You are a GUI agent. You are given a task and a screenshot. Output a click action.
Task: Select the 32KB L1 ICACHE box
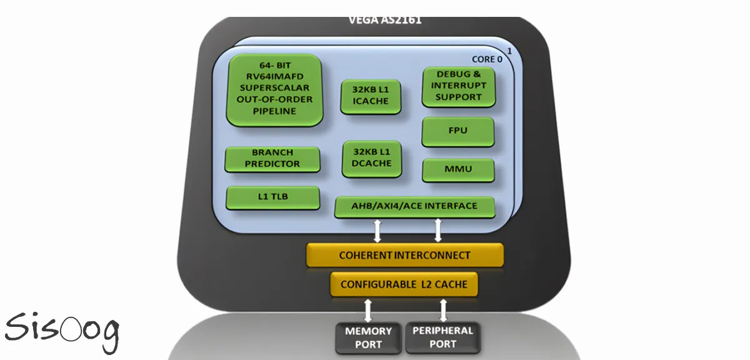(x=371, y=96)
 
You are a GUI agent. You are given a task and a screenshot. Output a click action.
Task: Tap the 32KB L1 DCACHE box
(x=371, y=157)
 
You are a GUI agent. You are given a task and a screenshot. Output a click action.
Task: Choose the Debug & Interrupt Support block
(x=458, y=86)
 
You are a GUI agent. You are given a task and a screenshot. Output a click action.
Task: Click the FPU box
(x=458, y=132)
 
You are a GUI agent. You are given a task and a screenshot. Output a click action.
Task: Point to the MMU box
(x=458, y=169)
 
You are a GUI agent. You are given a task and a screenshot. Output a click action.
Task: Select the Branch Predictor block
(x=272, y=159)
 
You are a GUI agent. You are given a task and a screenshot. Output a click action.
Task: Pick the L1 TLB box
(x=272, y=197)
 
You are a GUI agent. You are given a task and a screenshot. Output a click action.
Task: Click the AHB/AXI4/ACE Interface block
(x=414, y=206)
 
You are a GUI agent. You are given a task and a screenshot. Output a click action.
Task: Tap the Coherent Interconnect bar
(x=404, y=255)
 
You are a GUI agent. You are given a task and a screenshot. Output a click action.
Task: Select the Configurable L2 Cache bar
(x=404, y=284)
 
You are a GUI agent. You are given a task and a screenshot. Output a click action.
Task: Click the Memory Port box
(x=368, y=337)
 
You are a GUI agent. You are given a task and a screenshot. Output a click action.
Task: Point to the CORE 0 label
(x=487, y=59)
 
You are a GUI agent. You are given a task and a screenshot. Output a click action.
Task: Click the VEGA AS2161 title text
(x=384, y=20)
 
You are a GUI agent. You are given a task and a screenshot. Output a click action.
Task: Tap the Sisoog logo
(x=61, y=329)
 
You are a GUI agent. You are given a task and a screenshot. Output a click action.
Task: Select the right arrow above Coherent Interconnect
(x=437, y=230)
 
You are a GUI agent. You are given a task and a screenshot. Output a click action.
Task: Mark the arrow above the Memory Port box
(x=368, y=309)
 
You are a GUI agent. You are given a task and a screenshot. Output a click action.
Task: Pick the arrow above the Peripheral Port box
(x=444, y=309)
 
